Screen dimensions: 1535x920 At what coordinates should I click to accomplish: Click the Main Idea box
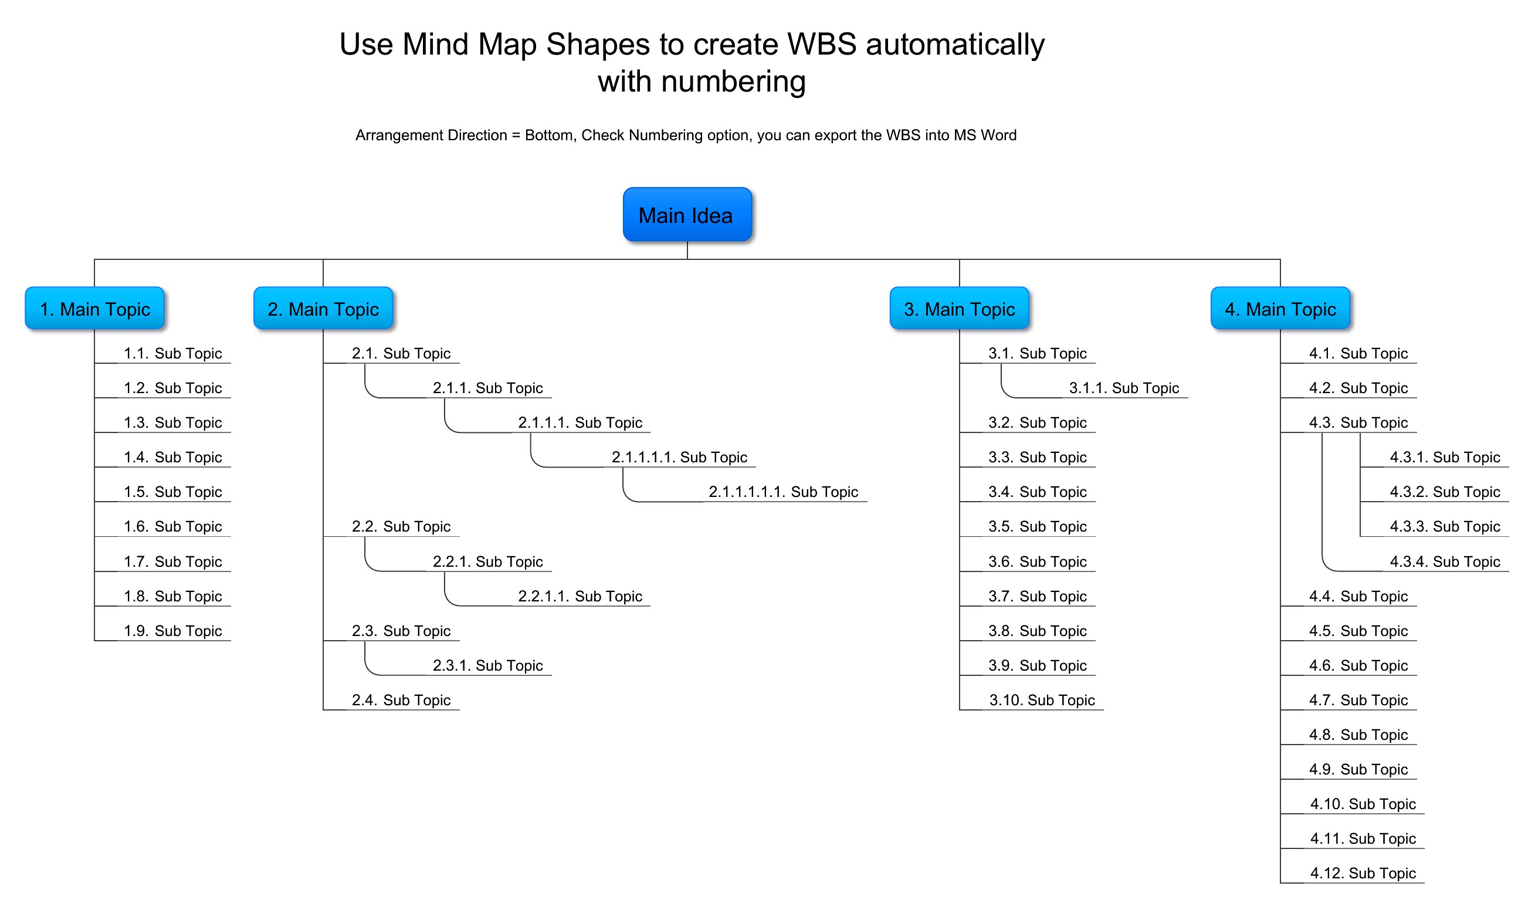[687, 215]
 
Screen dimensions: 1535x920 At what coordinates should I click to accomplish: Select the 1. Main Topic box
[95, 308]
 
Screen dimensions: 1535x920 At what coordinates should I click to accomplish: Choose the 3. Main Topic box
[959, 308]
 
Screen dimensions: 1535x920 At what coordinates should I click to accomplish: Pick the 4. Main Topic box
[1280, 308]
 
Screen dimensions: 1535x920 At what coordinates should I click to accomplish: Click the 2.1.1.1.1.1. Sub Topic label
[783, 492]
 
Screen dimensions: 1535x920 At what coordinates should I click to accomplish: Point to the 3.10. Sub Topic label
[1042, 700]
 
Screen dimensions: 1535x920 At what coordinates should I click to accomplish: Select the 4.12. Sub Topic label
[1363, 873]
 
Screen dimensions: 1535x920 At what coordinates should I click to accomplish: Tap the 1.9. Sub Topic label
[173, 631]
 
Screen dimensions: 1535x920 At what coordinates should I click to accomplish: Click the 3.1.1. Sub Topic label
[1123, 388]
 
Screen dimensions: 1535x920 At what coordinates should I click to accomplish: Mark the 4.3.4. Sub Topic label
[1445, 562]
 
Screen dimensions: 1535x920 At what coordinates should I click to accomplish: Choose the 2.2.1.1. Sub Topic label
[580, 596]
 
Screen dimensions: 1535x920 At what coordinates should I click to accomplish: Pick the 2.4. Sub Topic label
[401, 700]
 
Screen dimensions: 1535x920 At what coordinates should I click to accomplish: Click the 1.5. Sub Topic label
[173, 492]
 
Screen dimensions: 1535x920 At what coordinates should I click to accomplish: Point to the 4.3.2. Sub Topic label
[1445, 492]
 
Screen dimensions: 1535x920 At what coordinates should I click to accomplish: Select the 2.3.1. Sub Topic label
[487, 665]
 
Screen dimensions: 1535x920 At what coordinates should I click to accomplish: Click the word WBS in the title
[822, 45]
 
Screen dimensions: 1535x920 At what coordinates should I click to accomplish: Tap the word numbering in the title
[733, 82]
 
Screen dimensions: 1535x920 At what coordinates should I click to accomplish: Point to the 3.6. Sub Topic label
[1038, 562]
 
